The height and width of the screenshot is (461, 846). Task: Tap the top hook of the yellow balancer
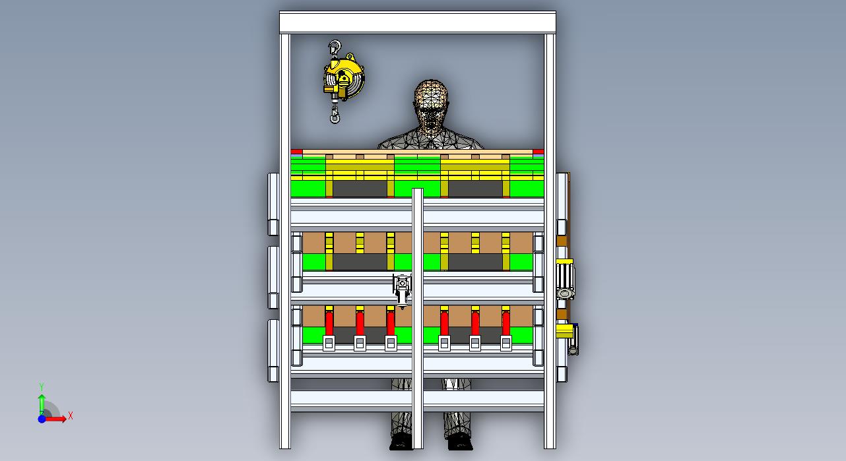tap(335, 47)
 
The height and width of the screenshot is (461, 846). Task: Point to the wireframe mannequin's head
tap(431, 105)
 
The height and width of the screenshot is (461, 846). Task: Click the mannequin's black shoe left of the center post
tap(401, 443)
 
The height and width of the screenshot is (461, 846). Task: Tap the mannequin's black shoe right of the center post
tap(461, 443)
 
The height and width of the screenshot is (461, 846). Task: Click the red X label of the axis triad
tap(70, 416)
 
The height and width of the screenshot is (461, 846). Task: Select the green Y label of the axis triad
tap(42, 386)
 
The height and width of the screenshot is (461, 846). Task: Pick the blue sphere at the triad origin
tap(42, 419)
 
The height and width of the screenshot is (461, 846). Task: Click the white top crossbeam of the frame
tap(417, 22)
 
